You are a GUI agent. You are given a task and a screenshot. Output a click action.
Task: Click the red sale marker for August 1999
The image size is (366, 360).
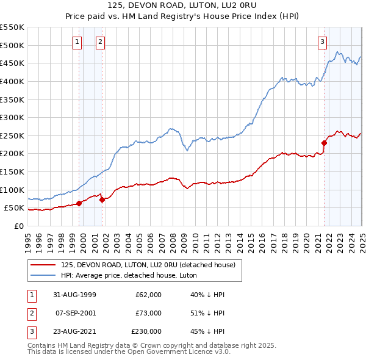point(79,204)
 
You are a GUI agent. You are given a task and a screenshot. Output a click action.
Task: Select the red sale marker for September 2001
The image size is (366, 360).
point(102,200)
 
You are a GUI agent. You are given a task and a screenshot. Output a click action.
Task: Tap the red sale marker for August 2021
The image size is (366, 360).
point(325,143)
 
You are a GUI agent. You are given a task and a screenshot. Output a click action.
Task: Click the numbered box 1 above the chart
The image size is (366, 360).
point(78,41)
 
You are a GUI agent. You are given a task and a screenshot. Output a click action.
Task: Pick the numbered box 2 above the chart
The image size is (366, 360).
point(101,41)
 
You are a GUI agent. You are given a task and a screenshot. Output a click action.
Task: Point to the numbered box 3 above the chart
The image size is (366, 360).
point(322,41)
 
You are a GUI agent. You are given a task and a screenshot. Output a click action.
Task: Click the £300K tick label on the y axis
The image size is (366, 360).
point(12,117)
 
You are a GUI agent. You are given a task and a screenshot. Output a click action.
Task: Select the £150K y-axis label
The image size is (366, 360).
point(12,171)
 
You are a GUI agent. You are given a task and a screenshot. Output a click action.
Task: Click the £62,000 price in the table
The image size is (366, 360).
point(149,295)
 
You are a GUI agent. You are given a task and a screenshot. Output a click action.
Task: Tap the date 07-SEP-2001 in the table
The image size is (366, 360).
point(76,313)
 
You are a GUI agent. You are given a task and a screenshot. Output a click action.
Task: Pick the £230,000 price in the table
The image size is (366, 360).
point(147,331)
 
